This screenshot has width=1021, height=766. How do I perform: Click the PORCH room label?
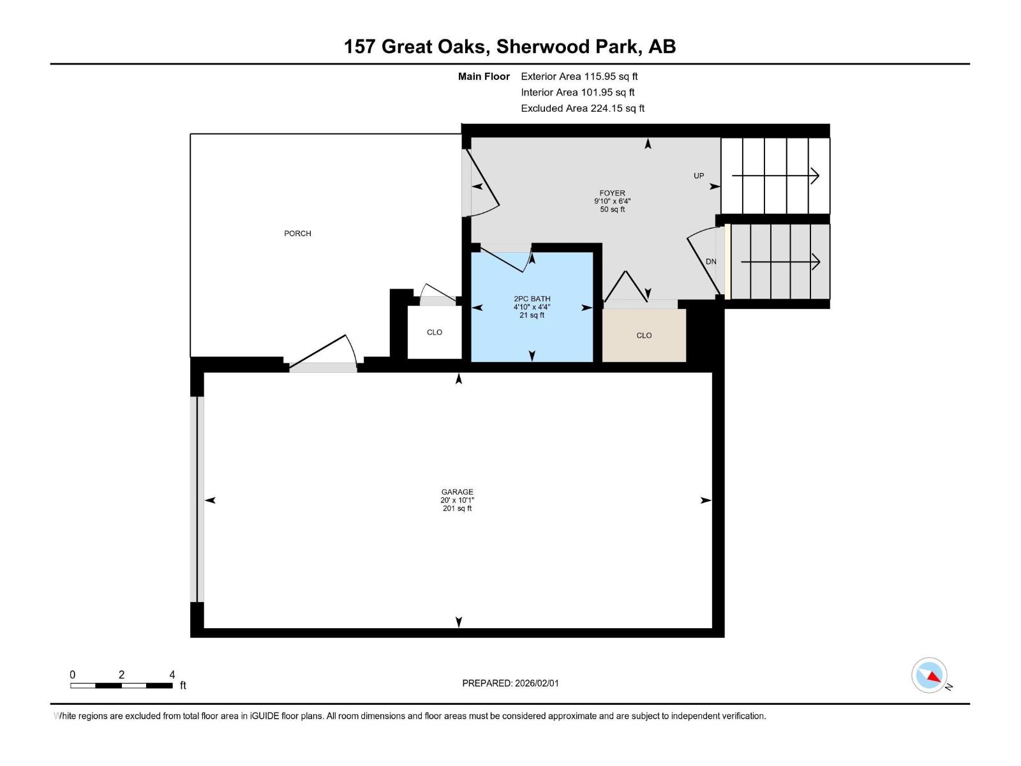(297, 234)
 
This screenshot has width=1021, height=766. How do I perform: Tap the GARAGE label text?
(457, 492)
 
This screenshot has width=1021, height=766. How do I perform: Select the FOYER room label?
(612, 193)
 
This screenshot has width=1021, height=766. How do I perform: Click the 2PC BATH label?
(532, 299)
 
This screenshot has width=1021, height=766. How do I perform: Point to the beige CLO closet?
(644, 335)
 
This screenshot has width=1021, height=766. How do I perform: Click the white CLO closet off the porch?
(435, 333)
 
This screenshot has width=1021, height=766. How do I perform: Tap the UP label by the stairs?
(699, 176)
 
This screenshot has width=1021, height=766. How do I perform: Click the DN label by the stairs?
(711, 262)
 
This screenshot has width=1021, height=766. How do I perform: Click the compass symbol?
(929, 675)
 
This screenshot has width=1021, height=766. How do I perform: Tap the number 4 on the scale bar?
(172, 675)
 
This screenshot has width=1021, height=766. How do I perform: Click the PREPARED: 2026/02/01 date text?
(511, 683)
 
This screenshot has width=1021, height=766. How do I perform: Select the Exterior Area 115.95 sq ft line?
(579, 77)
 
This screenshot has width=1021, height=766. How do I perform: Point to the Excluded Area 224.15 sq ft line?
(582, 109)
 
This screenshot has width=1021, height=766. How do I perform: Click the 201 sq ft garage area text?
(457, 509)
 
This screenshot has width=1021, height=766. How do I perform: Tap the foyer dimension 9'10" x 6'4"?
(612, 201)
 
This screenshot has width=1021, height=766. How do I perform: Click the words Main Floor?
(484, 77)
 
